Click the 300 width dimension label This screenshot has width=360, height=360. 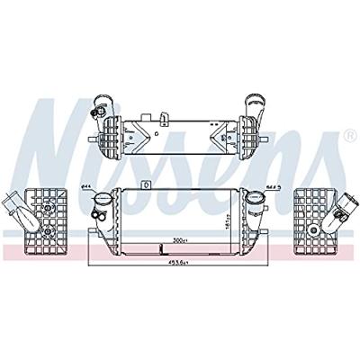[x=178, y=242]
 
